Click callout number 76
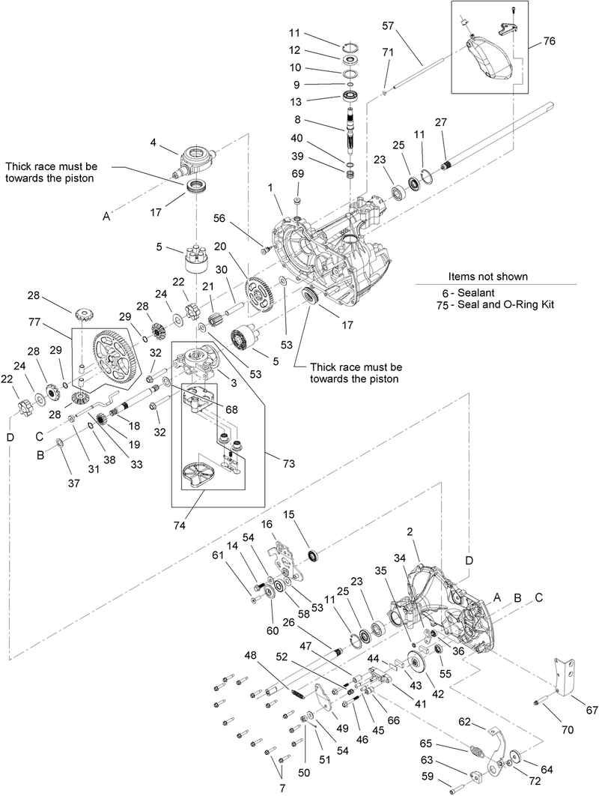[x=550, y=41]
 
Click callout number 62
[x=464, y=723]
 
